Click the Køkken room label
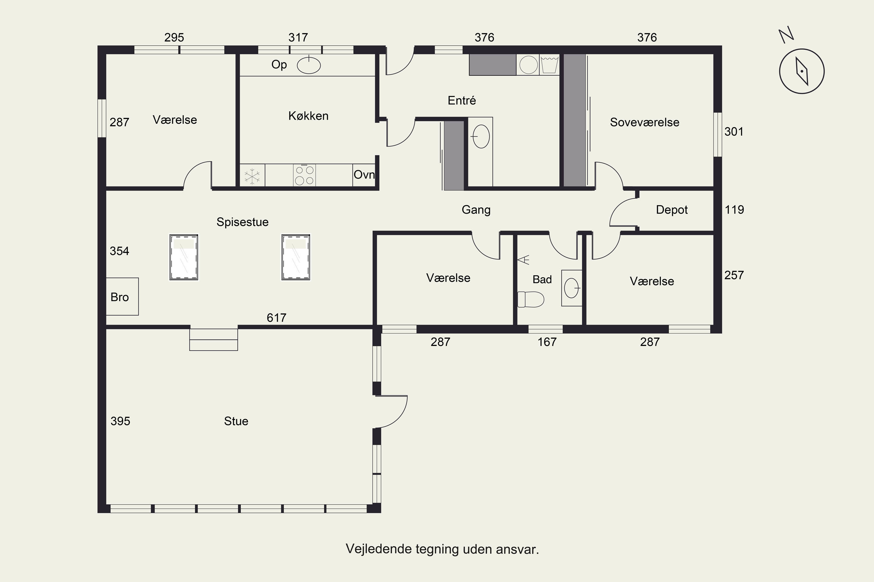coord(309,116)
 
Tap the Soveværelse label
coord(645,122)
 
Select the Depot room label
coord(672,210)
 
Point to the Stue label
coord(236,421)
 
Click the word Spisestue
coord(243,222)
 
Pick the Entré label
coord(461,100)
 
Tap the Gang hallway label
coord(476,210)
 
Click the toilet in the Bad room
coord(531,299)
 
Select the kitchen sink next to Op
coord(309,65)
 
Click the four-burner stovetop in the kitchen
coord(304,175)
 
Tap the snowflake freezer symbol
coord(252,176)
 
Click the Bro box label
coord(120,297)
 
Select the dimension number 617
coord(276,318)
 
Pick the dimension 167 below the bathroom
coord(547,342)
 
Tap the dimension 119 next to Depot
coord(734,210)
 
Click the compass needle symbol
coord(802,71)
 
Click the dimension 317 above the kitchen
coord(298,37)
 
